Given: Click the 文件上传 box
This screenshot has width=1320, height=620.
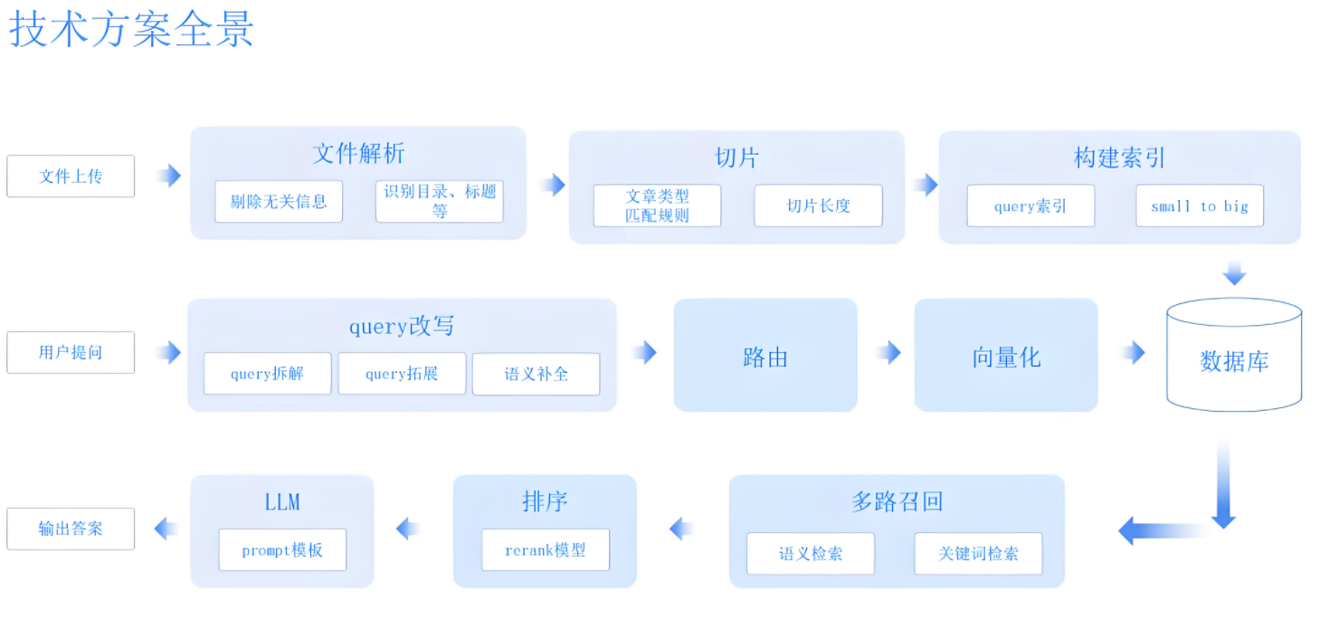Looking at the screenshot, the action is [x=71, y=176].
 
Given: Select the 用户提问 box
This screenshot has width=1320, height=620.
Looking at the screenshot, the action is [x=71, y=352].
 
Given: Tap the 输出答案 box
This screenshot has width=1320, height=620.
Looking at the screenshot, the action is [x=71, y=529].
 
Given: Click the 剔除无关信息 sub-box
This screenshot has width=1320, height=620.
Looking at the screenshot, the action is [x=279, y=202].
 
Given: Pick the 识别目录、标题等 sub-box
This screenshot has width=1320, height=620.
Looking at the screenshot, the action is [x=440, y=202].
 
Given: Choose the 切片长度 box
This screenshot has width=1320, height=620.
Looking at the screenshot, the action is [x=819, y=205].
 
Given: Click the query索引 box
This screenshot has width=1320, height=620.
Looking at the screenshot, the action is [x=1030, y=205].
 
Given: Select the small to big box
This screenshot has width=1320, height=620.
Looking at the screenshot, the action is [x=1200, y=205].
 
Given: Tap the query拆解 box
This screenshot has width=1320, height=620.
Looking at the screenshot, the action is [x=268, y=374].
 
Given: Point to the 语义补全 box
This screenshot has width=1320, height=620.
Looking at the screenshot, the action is [x=537, y=374].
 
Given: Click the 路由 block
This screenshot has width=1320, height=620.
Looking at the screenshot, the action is [x=765, y=355].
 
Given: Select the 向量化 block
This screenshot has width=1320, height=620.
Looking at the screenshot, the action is [x=1006, y=355].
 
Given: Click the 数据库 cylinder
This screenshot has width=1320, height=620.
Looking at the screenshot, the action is [x=1234, y=355].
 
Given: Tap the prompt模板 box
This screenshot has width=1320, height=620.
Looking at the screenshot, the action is [x=283, y=550].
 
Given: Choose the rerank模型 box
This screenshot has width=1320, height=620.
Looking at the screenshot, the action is [x=546, y=550].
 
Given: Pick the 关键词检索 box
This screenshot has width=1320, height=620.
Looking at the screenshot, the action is [x=978, y=553].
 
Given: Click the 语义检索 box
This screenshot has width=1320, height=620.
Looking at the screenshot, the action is [x=811, y=553].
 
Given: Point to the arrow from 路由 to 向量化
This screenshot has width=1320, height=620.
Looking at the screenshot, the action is [x=890, y=352].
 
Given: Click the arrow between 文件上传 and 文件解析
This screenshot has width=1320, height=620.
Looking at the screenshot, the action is [x=169, y=176].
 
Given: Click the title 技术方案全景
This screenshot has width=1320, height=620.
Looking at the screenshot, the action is [x=131, y=29].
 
